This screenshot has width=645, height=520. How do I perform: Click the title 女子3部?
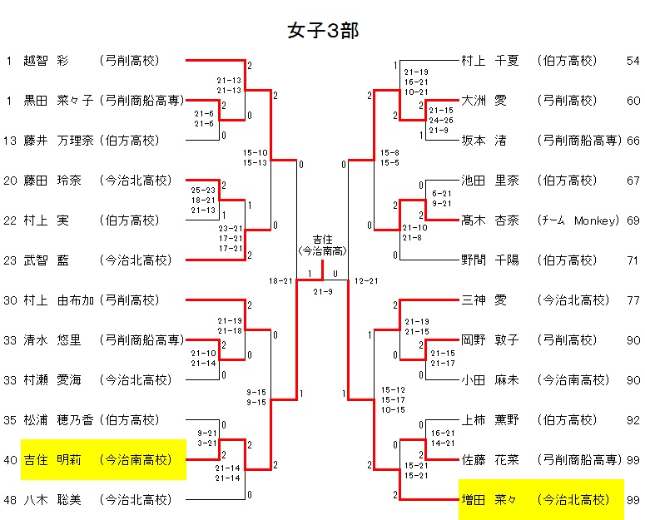pyautogui.click(x=322, y=31)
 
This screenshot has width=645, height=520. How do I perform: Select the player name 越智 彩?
pyautogui.click(x=48, y=61)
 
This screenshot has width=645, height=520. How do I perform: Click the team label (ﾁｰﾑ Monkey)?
pyautogui.click(x=578, y=220)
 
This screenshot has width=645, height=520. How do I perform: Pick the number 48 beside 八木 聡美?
pyautogui.click(x=9, y=499)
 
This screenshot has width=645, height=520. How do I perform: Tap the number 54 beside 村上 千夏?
pyautogui.click(x=633, y=61)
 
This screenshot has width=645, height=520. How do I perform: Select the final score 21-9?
pyautogui.click(x=323, y=290)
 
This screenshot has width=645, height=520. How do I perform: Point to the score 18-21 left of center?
pyautogui.click(x=280, y=281)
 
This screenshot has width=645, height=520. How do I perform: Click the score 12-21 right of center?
pyautogui.click(x=367, y=281)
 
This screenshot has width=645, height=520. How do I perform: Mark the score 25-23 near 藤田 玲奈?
pyautogui.click(x=204, y=191)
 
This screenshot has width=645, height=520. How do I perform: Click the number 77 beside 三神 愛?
pyautogui.click(x=633, y=300)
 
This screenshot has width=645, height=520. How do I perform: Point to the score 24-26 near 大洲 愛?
pyautogui.click(x=441, y=120)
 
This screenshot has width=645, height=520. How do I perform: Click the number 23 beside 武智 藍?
pyautogui.click(x=9, y=260)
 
